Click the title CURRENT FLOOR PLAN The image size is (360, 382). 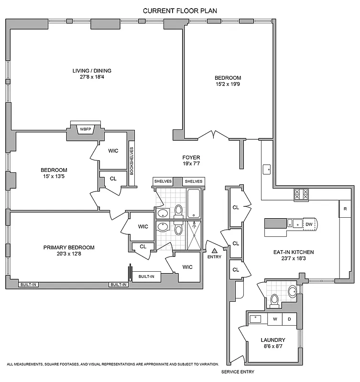(180, 10)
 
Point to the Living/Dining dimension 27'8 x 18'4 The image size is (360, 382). (92, 77)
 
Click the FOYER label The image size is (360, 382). (191, 158)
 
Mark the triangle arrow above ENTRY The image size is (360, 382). (215, 250)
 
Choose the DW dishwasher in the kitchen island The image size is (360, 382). (309, 224)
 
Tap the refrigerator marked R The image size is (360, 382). (345, 209)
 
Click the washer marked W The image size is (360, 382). (275, 318)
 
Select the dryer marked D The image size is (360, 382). (289, 318)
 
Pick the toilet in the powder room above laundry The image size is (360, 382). (274, 299)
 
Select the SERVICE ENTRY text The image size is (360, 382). (238, 372)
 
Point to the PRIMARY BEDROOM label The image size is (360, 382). (69, 247)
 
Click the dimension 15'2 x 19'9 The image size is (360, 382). (228, 85)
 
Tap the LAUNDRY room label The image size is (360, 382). (273, 340)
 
